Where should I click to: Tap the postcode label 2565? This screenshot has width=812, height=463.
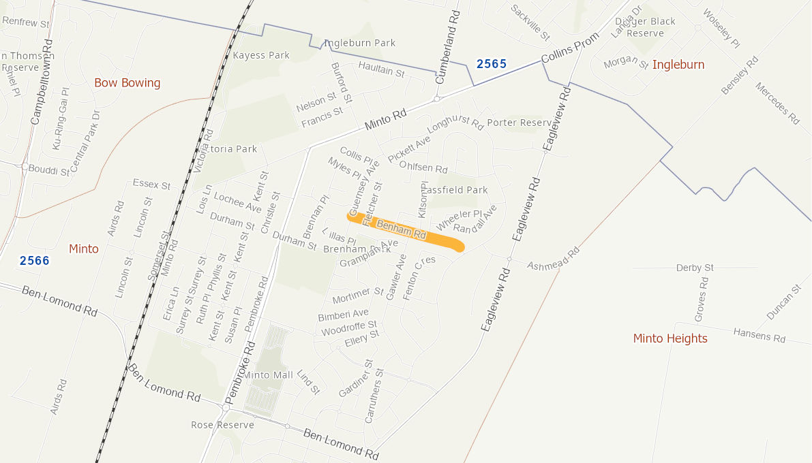point(491,64)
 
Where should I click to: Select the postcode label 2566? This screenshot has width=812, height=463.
point(34,260)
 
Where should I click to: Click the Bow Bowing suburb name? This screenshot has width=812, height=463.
point(127,83)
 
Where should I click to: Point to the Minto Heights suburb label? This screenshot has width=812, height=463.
point(670,338)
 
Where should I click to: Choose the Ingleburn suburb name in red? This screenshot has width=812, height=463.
point(678,65)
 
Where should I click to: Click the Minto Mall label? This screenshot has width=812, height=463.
point(269,375)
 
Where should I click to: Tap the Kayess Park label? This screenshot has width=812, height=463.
point(261,55)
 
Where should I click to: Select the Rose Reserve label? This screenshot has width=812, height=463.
point(222,425)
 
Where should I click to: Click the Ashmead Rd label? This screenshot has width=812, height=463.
point(552,259)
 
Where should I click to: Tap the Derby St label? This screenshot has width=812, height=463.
point(695,268)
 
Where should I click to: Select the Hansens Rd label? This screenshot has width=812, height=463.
point(760,334)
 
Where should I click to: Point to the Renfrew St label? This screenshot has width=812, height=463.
point(27,22)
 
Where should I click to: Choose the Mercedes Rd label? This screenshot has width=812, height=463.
point(777,103)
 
